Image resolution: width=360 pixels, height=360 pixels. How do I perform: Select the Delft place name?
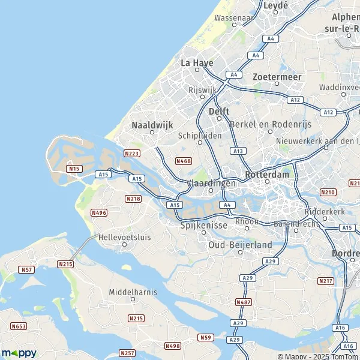pyautogui.click(x=220, y=112)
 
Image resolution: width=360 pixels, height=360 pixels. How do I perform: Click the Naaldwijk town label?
pyautogui.click(x=151, y=125)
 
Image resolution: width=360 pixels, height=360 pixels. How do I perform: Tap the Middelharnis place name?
pyautogui.click(x=133, y=292)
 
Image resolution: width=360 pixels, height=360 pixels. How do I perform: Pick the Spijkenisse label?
pyautogui.click(x=203, y=226)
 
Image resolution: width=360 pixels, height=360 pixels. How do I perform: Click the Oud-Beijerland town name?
pyautogui.click(x=240, y=245)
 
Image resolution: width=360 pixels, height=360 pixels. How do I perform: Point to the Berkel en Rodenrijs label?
pyautogui.click(x=266, y=124)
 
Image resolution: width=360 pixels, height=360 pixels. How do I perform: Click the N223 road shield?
pyautogui.click(x=132, y=154)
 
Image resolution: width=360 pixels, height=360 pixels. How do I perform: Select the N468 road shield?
pyautogui.click(x=184, y=161)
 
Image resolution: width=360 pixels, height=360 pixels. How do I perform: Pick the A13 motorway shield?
pyautogui.click(x=238, y=151)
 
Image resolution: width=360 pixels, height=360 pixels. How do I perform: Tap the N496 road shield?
pyautogui.click(x=98, y=212)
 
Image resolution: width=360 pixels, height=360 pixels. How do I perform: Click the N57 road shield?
pyautogui.click(x=26, y=269)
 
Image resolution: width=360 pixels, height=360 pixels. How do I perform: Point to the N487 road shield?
pyautogui.click(x=244, y=302)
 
